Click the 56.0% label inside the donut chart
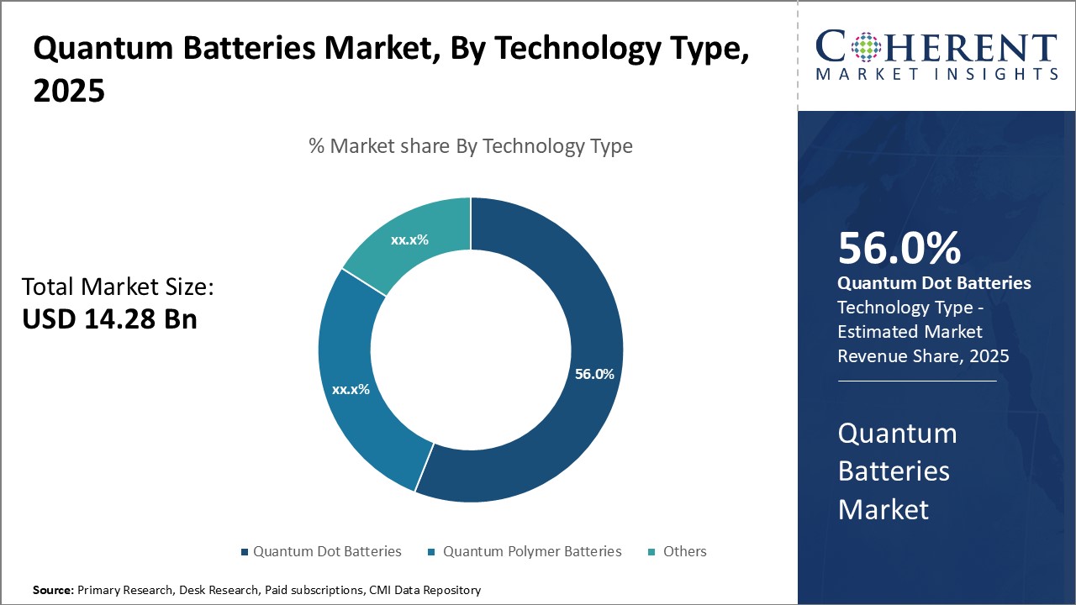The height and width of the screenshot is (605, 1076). pos(594,374)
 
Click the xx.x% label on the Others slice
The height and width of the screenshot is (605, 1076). pos(409,239)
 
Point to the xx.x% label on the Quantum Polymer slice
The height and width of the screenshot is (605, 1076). pos(351,389)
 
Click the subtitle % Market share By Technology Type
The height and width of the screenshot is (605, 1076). pos(471,146)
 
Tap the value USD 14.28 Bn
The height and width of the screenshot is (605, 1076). pos(109,319)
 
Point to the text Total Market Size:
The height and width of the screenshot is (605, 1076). pos(118,287)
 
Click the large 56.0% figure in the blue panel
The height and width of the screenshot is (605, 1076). pos(899,249)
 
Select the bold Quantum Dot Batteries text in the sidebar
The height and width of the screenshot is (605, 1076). pos(934,283)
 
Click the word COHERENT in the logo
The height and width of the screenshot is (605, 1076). pos(936,46)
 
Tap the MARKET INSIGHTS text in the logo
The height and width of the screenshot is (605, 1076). pos(936,75)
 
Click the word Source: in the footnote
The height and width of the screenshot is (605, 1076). pos(53,591)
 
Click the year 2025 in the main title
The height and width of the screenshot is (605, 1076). pos(69,92)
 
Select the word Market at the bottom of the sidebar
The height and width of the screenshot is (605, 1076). pos(883,509)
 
